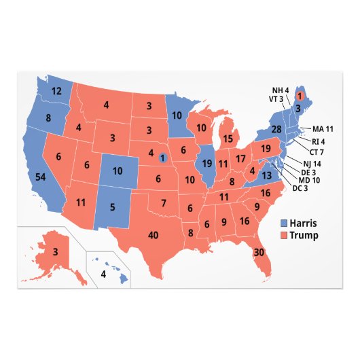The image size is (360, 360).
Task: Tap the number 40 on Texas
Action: pyautogui.click(x=154, y=235)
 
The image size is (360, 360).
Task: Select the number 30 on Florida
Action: pyautogui.click(x=259, y=252)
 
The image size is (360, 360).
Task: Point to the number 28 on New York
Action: pyautogui.click(x=277, y=129)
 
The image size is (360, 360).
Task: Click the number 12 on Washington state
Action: pyautogui.click(x=57, y=91)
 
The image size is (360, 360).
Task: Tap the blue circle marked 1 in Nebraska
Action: pyautogui.click(x=162, y=158)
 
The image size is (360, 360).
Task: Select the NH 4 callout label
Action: pyautogui.click(x=281, y=90)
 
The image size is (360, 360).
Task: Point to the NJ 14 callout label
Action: pyautogui.click(x=311, y=164)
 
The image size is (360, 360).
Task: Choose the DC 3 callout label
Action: pyautogui.click(x=302, y=187)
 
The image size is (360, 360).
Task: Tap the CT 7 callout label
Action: pyautogui.click(x=318, y=153)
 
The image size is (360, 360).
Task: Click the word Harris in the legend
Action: pyautogui.click(x=303, y=223)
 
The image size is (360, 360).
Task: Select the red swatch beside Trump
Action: pyautogui.click(x=284, y=236)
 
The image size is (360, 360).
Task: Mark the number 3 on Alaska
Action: pyautogui.click(x=55, y=253)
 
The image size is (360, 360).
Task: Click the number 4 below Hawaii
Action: pyautogui.click(x=103, y=274)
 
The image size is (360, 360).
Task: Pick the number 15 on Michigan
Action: pyautogui.click(x=228, y=138)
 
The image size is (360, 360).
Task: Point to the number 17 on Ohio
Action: pyautogui.click(x=240, y=159)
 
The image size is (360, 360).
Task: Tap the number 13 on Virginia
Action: pyautogui.click(x=267, y=175)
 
